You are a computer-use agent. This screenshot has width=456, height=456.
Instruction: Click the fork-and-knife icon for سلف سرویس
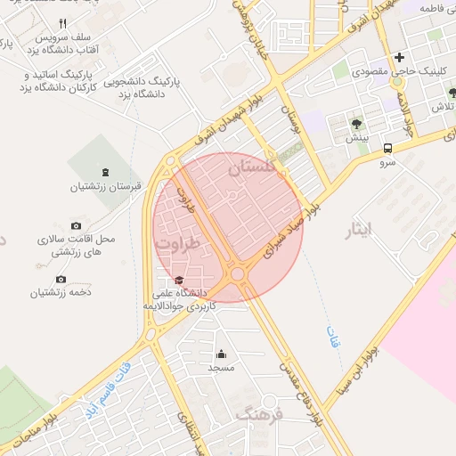[62, 23]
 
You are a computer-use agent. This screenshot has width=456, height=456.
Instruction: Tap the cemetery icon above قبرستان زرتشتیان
[106, 172]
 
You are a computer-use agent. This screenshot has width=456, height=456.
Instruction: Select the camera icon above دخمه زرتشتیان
[61, 278]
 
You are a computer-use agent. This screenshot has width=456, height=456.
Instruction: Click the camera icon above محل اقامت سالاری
[76, 226]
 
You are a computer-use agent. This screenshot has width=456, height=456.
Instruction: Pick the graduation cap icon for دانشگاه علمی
[180, 280]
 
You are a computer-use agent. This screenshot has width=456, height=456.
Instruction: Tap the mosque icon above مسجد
[221, 354]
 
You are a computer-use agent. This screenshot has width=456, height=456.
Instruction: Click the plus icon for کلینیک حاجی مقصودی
[400, 57]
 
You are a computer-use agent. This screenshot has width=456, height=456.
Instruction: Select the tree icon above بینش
[356, 124]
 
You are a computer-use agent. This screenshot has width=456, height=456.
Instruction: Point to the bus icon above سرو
[387, 149]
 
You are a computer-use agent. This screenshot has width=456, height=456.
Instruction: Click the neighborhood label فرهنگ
[258, 414]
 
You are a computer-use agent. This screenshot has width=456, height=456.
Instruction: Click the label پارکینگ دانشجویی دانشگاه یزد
[142, 85]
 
